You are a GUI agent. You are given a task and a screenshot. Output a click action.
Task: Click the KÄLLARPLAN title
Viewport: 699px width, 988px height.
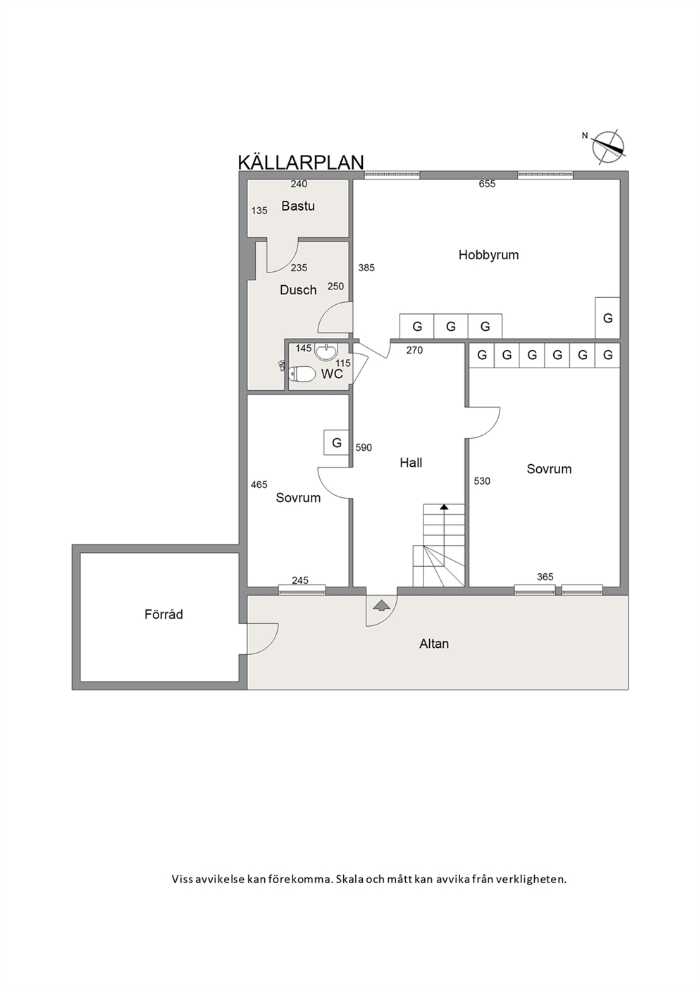click(301, 162)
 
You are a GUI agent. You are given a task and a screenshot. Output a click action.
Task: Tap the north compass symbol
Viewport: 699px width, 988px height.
click(607, 147)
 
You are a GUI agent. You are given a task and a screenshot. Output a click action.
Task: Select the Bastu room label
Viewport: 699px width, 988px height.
click(298, 206)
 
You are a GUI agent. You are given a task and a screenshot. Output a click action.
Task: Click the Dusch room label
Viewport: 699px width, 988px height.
click(298, 290)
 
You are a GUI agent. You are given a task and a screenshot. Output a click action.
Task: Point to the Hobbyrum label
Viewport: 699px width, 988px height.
click(488, 255)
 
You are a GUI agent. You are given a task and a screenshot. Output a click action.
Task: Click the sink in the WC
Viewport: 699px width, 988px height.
click(326, 351)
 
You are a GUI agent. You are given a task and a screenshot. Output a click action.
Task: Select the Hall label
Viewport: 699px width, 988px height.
click(411, 463)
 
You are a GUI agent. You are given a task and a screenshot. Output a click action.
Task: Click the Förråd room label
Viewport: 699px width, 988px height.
click(163, 614)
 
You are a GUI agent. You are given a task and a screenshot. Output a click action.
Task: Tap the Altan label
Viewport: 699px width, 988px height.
click(434, 644)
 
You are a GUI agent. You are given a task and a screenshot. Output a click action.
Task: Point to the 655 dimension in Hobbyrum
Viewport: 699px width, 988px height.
click(487, 184)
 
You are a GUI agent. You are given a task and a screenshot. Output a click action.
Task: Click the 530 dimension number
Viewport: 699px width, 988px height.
click(482, 481)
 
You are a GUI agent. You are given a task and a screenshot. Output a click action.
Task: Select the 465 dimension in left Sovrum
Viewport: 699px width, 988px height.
click(259, 484)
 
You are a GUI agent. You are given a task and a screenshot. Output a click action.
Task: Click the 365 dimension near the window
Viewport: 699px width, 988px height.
click(545, 577)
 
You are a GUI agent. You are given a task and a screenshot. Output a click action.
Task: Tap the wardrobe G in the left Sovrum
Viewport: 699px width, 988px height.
click(337, 442)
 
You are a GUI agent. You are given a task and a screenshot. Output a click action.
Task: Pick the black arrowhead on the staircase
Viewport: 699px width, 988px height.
click(444, 507)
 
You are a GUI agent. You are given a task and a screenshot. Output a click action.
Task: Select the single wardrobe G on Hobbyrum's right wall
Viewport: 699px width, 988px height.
click(607, 318)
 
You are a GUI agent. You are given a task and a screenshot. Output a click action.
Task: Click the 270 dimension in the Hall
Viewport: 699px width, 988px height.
click(414, 350)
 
